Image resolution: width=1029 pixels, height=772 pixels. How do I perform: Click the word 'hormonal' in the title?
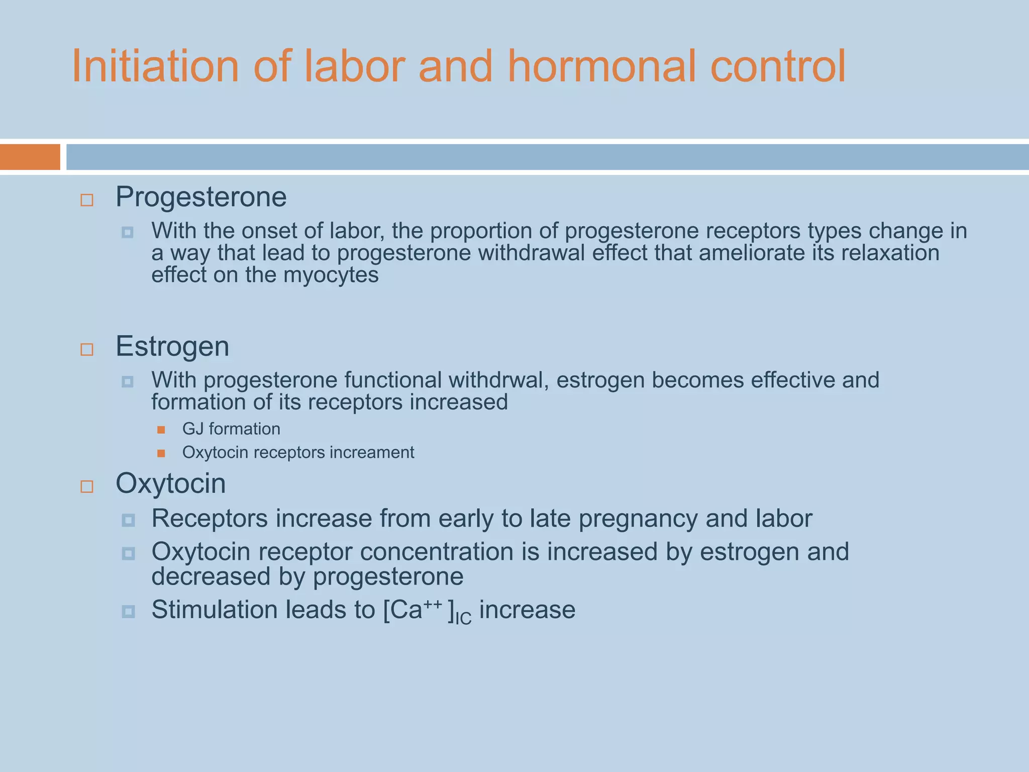point(601,66)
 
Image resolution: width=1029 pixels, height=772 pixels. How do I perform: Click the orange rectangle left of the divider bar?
point(30,157)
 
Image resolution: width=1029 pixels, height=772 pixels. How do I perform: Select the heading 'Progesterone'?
point(201,197)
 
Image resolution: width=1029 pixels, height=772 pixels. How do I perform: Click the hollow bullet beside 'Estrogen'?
point(87,349)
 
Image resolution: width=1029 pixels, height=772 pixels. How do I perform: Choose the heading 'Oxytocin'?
point(171,484)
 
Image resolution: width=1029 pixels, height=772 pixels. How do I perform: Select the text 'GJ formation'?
point(231,429)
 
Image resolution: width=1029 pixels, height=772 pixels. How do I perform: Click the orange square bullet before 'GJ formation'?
point(161,430)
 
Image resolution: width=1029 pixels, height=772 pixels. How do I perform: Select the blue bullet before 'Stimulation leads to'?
point(129,612)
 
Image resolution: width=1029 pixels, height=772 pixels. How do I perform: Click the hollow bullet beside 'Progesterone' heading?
point(87,200)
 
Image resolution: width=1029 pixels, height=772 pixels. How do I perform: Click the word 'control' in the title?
point(778,66)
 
